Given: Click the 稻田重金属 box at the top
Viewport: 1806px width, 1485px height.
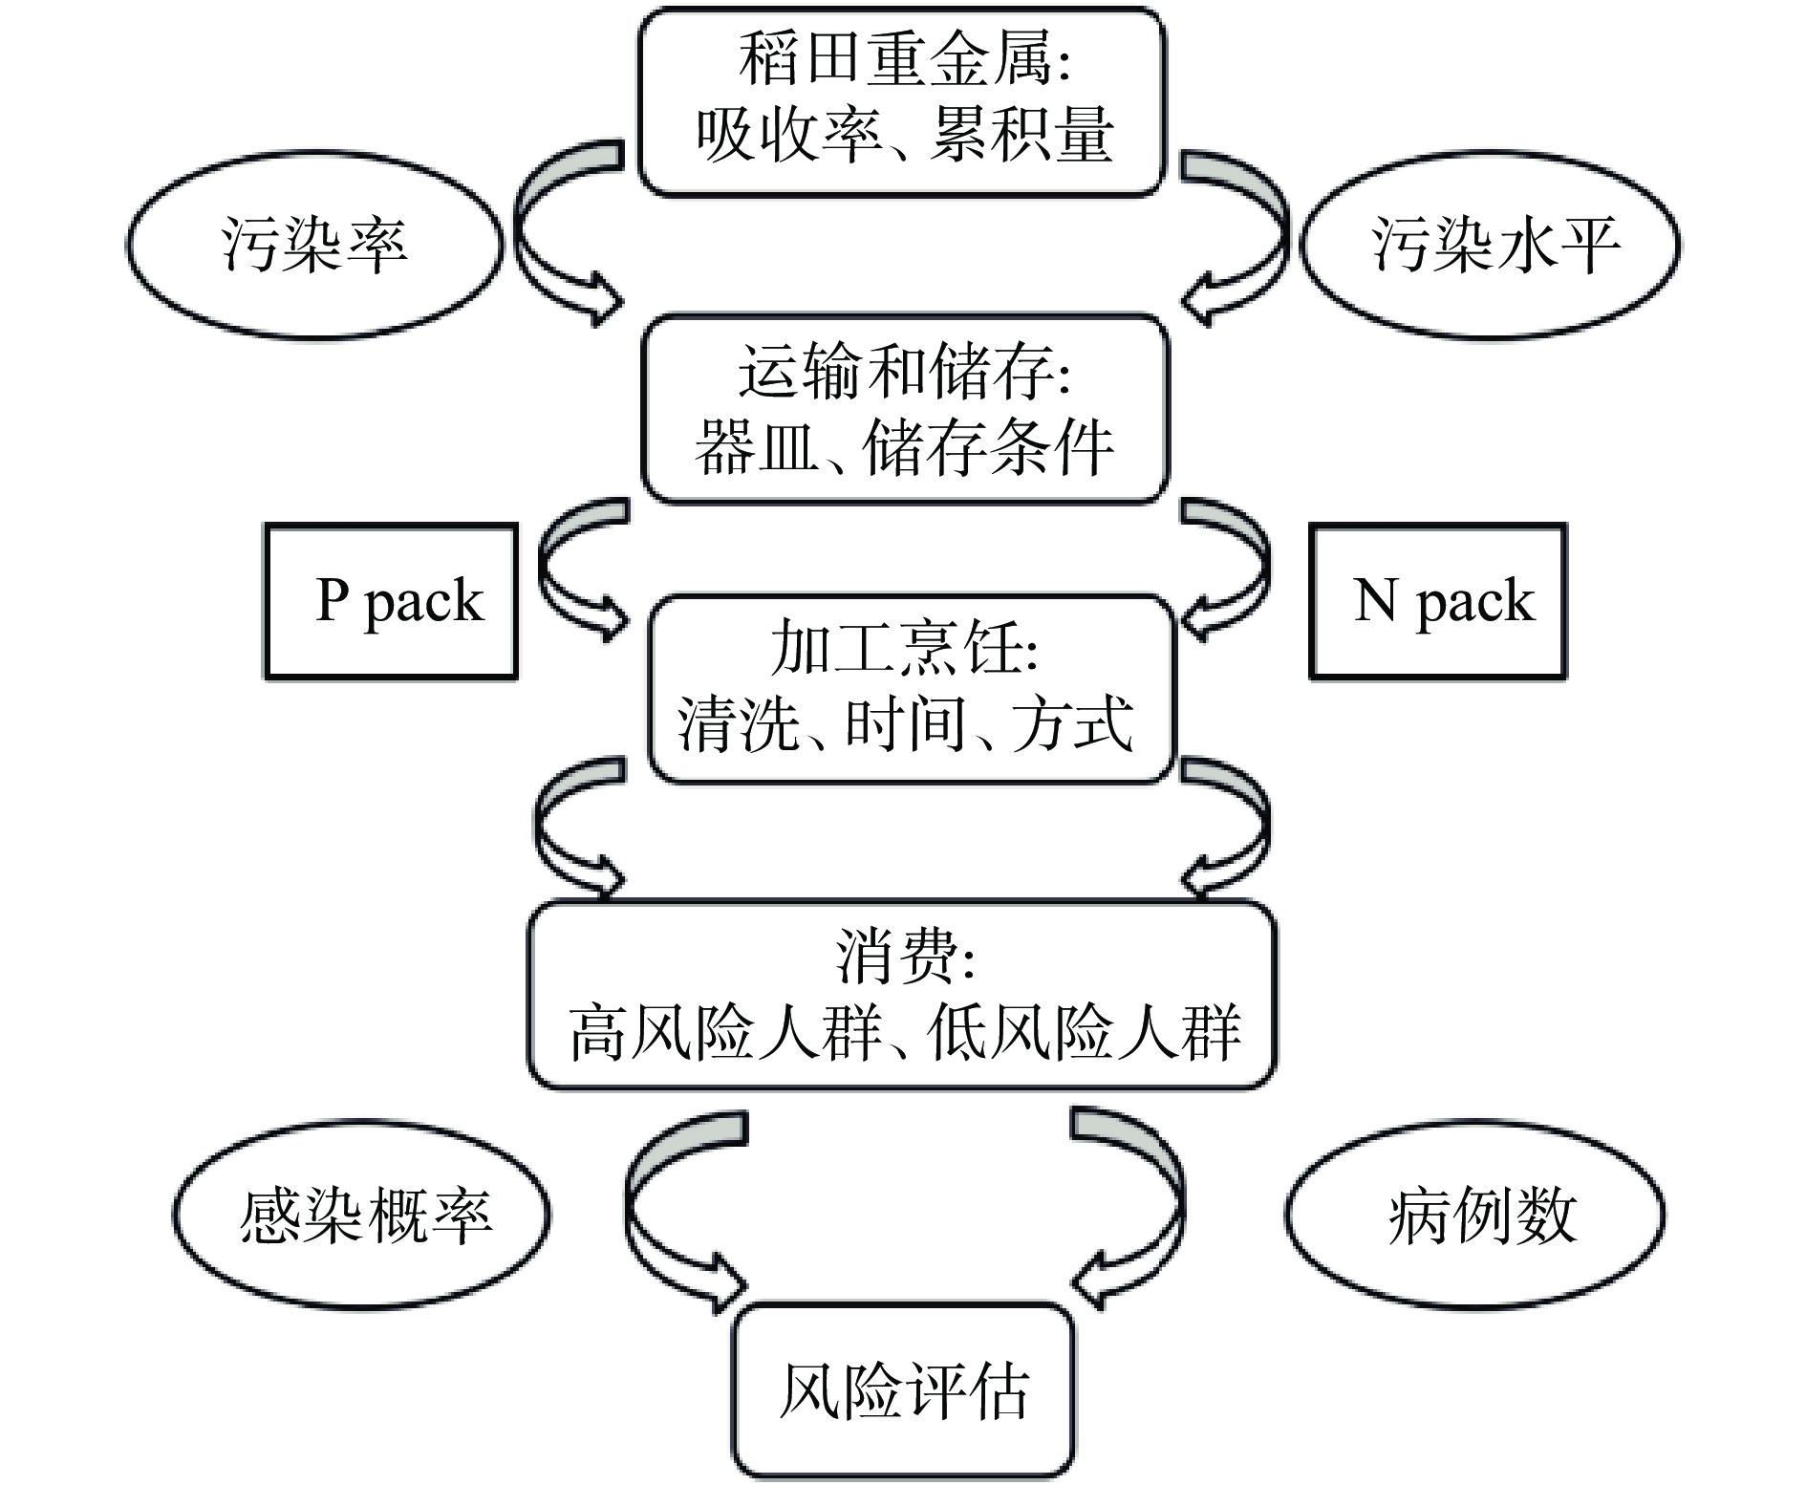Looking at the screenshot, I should pyautogui.click(x=902, y=101).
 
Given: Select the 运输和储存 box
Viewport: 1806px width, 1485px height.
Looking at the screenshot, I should pyautogui.click(x=904, y=409).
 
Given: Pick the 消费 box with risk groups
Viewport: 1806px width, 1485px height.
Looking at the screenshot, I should pyautogui.click(x=902, y=994).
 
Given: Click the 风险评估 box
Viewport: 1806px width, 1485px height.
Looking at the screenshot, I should pyautogui.click(x=903, y=1389).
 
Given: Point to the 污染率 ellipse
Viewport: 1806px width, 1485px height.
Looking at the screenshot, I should pyautogui.click(x=313, y=245).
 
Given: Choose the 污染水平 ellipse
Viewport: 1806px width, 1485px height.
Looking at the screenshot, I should pyautogui.click(x=1491, y=245).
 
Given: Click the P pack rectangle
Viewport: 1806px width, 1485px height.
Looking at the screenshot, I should pyautogui.click(x=391, y=601).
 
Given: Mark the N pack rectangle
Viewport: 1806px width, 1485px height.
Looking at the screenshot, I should pyautogui.click(x=1437, y=601).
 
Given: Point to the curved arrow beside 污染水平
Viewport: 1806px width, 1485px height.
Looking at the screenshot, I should pyautogui.click(x=1247, y=239).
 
